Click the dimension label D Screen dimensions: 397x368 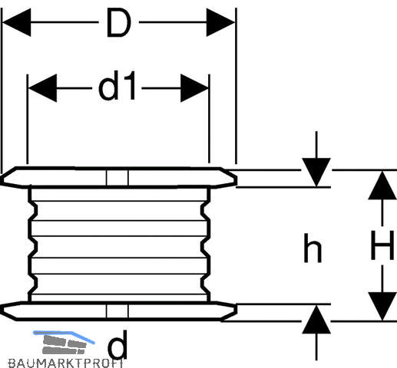pos(119,22)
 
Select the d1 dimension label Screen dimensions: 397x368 pos(117,86)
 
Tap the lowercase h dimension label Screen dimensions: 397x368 pos(313,248)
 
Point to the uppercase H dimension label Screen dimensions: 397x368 pos(382,245)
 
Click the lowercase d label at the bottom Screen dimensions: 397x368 pos(117,344)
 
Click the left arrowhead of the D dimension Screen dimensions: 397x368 pos(16,22)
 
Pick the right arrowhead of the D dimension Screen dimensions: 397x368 pos(220,22)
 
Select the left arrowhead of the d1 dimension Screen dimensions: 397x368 pos(42,88)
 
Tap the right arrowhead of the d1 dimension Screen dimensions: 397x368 pos(194,88)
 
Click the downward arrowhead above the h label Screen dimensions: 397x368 pos(316,172)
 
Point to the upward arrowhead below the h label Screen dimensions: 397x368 pos(316,320)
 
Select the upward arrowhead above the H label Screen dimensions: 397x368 pos(382,186)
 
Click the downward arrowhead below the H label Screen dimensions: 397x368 pos(382,307)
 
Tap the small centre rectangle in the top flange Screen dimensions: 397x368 pos(117,178)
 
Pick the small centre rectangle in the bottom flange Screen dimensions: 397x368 pos(117,311)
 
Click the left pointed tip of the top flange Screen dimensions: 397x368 pos(2,179)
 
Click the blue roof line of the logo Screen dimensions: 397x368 pos(64,336)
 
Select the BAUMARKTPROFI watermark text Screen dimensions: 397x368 pos(66,363)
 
